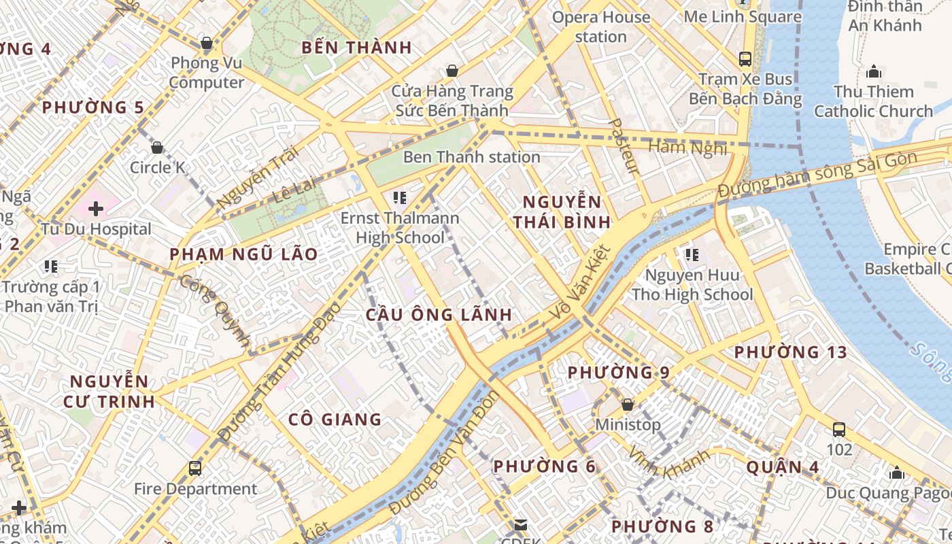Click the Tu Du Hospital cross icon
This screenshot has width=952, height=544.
pos(96,209)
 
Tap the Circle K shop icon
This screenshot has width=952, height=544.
pos(157,148)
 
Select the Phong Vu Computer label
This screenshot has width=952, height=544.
pos(207,73)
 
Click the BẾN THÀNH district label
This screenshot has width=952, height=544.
pos(357,48)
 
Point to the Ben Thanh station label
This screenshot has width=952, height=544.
pos(471,157)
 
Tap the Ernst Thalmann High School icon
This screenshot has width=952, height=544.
pos(400,198)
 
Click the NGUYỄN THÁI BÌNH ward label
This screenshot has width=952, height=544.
pos(562,211)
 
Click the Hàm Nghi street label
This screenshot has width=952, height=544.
pos(687,147)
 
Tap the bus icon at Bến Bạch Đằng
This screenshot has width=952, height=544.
pos(745,58)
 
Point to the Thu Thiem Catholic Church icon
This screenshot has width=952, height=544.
pos(874,71)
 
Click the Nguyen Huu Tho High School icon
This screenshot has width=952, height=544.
pos(692,255)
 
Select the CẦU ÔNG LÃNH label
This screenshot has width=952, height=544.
pos(439,315)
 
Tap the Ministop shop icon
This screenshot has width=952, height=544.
pos(628,405)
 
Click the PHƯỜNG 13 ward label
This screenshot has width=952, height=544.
pos(790,352)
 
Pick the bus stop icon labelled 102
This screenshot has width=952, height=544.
pos(839,430)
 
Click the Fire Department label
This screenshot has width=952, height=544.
pos(195,489)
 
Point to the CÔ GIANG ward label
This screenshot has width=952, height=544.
pos(335,419)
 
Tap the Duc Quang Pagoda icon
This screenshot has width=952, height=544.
pos(897,473)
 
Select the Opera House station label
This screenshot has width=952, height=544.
pos(601,27)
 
